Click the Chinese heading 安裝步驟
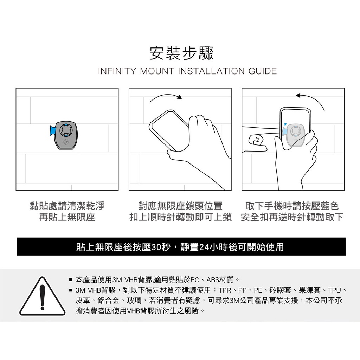point(181,53)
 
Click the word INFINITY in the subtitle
point(117,71)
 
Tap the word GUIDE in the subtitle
point(262,71)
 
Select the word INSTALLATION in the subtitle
point(211,71)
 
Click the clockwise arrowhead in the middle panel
point(179,97)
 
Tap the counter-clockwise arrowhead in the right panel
point(298,95)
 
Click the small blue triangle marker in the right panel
point(285,124)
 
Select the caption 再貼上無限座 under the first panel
point(67,217)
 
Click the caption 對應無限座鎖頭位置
point(180,206)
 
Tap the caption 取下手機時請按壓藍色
point(292,206)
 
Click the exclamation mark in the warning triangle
point(42,297)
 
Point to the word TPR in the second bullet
point(225,290)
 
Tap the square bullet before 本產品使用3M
point(71,280)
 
